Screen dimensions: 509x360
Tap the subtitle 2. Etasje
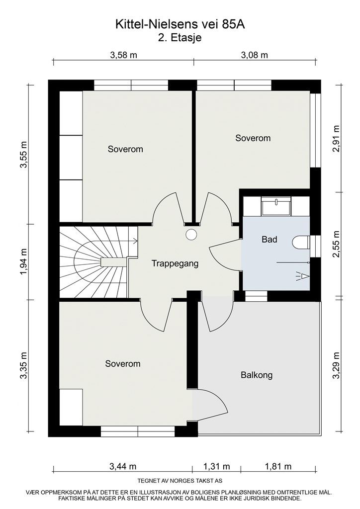[x=180, y=37]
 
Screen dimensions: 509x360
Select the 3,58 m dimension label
[x=123, y=55]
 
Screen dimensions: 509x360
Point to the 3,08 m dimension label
[x=254, y=55]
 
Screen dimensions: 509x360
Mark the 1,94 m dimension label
[x=23, y=261]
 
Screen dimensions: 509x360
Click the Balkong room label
[x=256, y=375]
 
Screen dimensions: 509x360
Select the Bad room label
[x=269, y=240]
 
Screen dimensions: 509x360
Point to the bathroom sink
[x=276, y=205]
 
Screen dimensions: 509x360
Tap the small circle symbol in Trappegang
[x=191, y=235]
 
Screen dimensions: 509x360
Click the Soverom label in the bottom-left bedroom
[x=123, y=364]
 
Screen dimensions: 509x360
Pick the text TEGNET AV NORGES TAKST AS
[x=180, y=481]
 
